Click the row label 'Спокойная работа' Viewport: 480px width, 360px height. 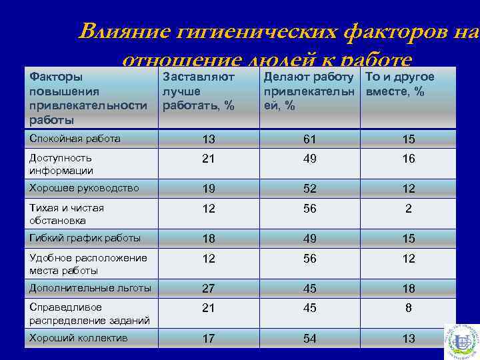coord(75,139)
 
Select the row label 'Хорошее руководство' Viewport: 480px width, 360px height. coord(84,188)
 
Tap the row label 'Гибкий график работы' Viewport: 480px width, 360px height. coord(84,237)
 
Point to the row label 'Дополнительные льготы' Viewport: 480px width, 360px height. coord(90,288)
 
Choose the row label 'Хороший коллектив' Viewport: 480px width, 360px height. coord(78,338)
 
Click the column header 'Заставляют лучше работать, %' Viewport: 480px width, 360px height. coord(199,91)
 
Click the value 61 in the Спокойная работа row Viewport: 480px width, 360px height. coord(310,139)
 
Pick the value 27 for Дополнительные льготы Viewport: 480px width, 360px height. coord(209,289)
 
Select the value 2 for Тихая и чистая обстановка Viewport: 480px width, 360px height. coord(409,209)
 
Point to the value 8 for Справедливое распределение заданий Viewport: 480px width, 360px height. coord(409,309)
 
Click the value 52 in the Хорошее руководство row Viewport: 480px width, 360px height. coord(310,189)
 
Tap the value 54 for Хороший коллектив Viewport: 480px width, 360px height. coord(310,339)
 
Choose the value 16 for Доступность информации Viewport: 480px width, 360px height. coord(409,159)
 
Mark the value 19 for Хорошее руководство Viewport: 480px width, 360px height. coord(209,189)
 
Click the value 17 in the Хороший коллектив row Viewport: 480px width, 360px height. coord(209,339)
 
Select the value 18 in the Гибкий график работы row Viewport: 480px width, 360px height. coord(209,239)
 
